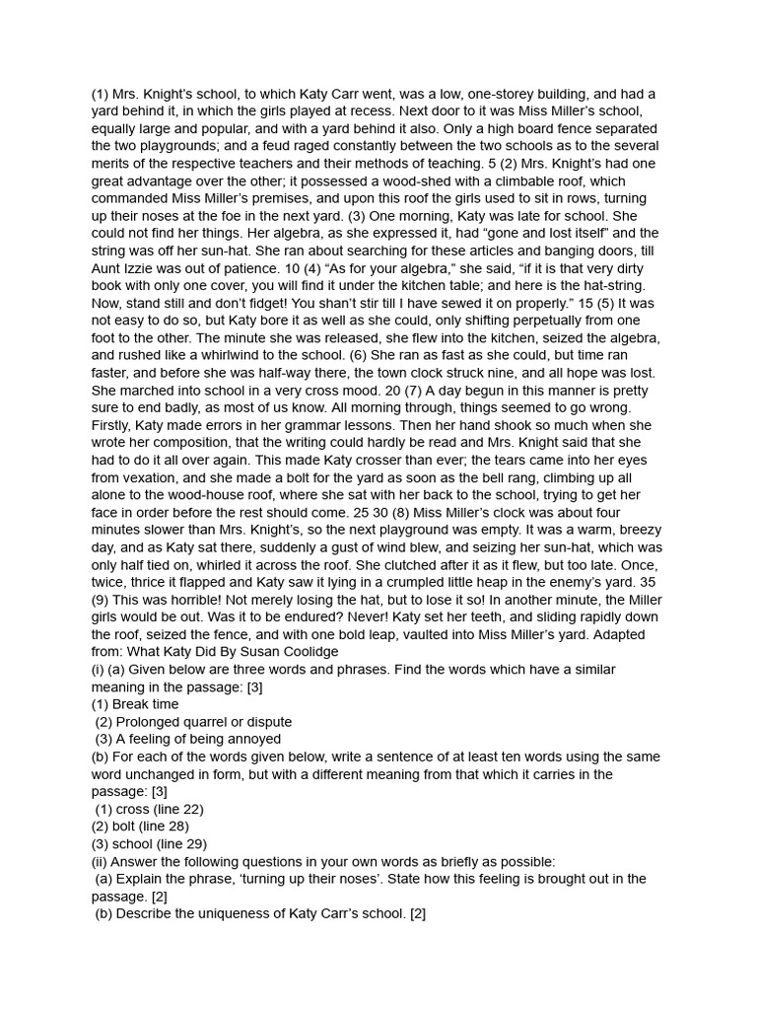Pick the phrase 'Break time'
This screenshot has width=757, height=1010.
[146, 704]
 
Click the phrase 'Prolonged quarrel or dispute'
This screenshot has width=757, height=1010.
[204, 722]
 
